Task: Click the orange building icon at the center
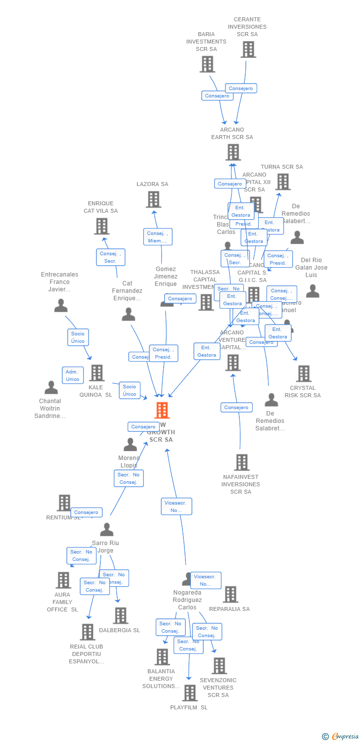coord(162,410)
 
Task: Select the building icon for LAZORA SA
coord(154,199)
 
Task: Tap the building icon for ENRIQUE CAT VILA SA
coord(101,226)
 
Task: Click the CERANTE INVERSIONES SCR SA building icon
coord(248,49)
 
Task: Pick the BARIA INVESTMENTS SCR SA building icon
coord(207,64)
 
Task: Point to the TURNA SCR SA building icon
coord(282,182)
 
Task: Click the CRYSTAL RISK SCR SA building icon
coord(303,373)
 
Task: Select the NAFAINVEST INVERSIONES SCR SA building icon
coord(241,463)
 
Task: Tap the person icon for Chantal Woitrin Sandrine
coord(51,387)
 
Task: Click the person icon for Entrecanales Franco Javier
coord(61,306)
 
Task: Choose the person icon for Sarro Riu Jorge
coord(106,530)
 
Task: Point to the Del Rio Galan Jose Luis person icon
coord(313,291)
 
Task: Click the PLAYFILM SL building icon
coord(189,693)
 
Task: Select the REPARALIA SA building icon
coord(230,595)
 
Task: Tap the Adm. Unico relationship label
coord(73,375)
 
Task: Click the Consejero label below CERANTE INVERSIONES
coord(241,89)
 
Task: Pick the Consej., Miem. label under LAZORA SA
coord(158,237)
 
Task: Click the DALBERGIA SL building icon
coord(120,616)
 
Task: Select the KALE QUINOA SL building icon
coord(96,373)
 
